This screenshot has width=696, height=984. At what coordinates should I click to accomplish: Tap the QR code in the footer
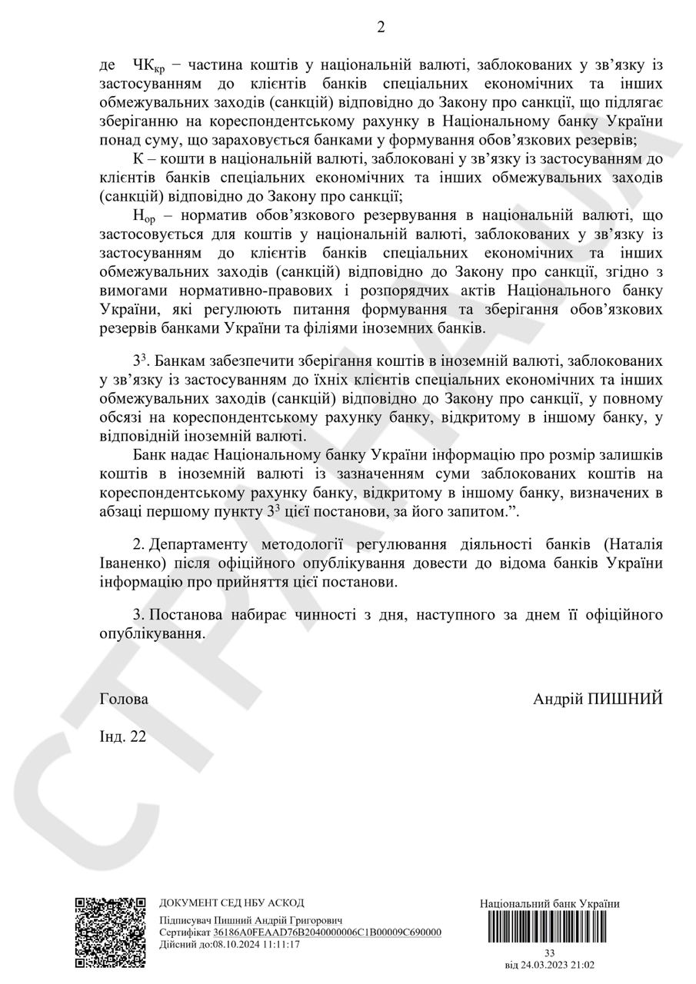click(110, 932)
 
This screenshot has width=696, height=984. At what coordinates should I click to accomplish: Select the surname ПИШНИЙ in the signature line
click(624, 700)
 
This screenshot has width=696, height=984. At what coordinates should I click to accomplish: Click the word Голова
click(124, 700)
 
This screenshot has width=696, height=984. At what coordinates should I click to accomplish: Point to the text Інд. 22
click(122, 736)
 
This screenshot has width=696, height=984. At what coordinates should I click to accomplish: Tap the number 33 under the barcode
click(549, 952)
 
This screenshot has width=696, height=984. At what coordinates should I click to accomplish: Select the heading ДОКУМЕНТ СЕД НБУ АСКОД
click(231, 903)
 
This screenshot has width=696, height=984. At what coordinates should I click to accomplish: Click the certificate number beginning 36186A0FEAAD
click(327, 932)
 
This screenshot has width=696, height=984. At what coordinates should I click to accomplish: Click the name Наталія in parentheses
click(634, 545)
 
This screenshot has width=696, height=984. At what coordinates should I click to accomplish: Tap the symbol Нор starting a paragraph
click(144, 216)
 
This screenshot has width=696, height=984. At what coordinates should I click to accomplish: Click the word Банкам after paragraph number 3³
click(182, 361)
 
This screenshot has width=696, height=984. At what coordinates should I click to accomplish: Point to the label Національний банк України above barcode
click(549, 903)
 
